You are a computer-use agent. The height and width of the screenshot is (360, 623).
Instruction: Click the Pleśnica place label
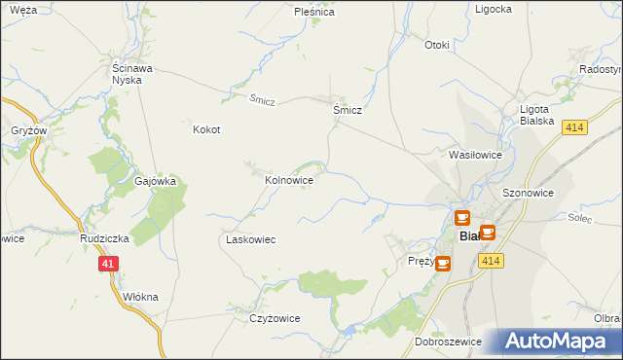click(314, 13)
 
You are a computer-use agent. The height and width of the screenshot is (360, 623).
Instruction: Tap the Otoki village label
click(437, 45)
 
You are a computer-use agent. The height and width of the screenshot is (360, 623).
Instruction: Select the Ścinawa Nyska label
click(127, 74)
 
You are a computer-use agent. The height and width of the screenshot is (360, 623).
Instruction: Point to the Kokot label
click(206, 129)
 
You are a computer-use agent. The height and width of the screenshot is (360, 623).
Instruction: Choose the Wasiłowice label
click(474, 155)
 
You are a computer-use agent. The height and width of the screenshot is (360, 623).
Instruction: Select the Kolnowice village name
click(289, 180)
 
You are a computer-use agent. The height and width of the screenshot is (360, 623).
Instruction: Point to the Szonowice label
click(528, 194)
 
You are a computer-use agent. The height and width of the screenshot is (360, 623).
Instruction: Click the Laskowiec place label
click(251, 239)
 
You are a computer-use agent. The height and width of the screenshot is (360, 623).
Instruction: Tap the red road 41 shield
click(108, 264)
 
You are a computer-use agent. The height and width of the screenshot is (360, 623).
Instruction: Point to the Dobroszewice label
click(446, 342)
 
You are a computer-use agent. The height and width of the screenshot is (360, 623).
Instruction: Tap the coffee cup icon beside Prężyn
click(444, 263)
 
